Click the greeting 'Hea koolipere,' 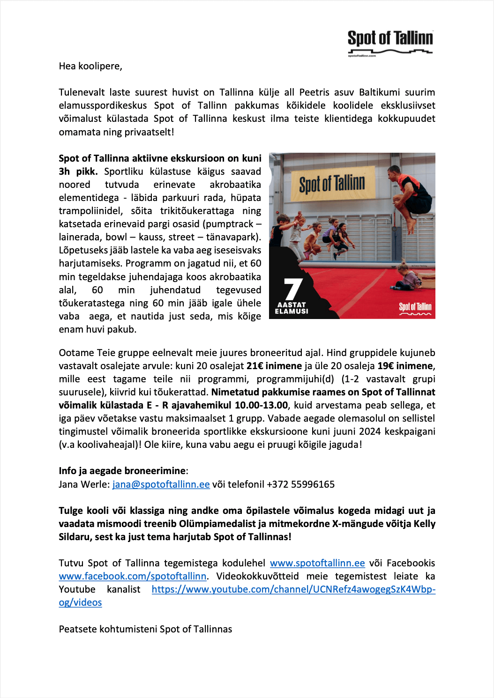coord(90,66)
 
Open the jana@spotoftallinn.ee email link coord(161,484)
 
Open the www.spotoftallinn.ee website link coord(317,563)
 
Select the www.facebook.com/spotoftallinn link coord(133,576)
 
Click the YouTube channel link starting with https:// coord(293,589)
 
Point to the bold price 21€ coord(254,366)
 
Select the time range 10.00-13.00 coord(261,405)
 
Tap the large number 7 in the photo coord(293,289)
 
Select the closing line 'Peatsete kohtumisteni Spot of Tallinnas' coord(145,629)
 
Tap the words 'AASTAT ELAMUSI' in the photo coord(292,308)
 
